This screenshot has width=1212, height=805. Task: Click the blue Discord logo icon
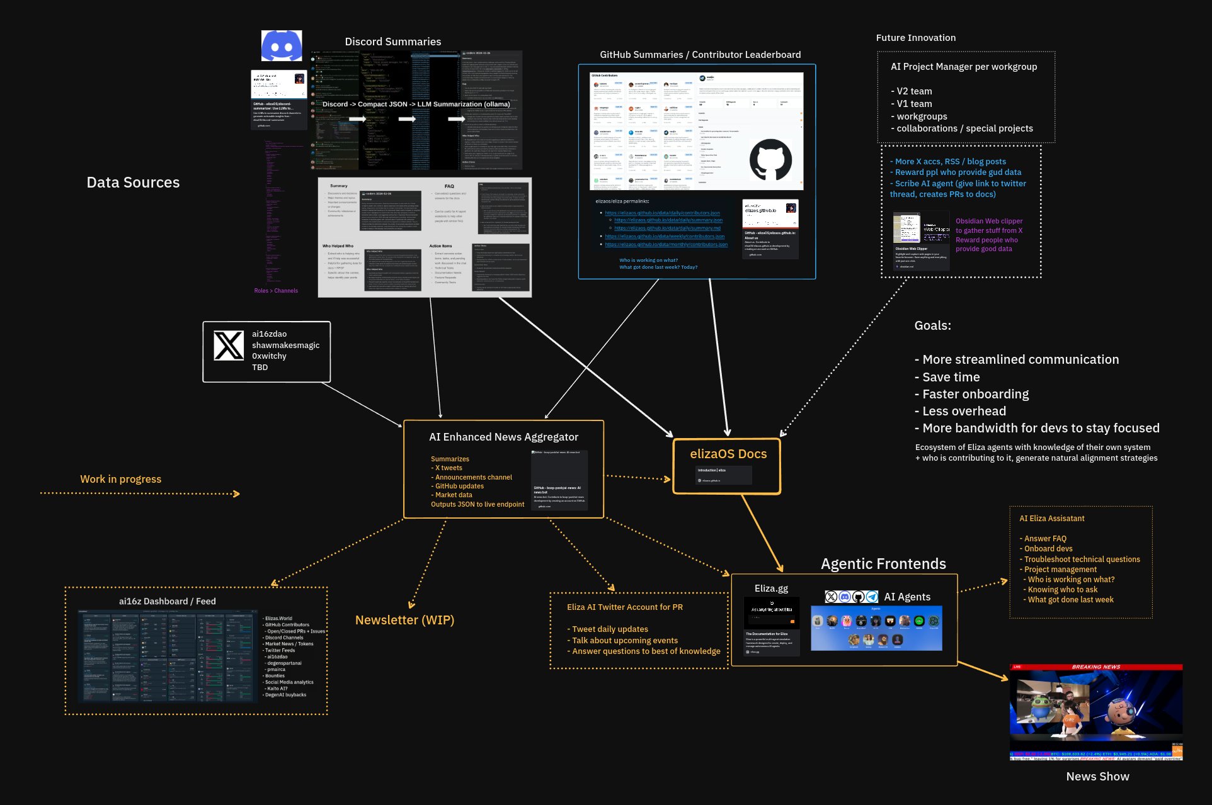[x=282, y=46]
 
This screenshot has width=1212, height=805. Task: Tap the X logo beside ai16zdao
[x=228, y=346]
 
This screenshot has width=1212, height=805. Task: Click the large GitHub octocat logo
[x=770, y=160]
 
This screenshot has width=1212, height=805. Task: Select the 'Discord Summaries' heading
[x=392, y=42]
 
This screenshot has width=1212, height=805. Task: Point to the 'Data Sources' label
[x=133, y=183]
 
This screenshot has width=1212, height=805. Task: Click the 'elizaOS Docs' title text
[x=728, y=454]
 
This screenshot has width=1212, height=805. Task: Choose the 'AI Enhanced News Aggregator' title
[x=503, y=437]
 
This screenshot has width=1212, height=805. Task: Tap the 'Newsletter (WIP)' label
[x=404, y=620]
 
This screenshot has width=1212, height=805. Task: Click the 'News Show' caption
[x=1097, y=777]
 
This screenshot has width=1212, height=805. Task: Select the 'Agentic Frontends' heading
[x=883, y=564]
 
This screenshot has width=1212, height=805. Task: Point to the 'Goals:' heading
[x=932, y=325]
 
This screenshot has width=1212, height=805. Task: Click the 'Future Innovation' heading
[x=915, y=38]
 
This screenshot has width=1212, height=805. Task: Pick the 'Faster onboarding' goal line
[x=975, y=394]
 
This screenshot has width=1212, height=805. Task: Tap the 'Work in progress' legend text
[x=120, y=479]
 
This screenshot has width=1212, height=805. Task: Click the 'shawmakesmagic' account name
[x=285, y=345]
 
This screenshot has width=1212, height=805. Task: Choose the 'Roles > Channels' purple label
[x=276, y=291]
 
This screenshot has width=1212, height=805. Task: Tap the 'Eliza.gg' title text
[x=771, y=588]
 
